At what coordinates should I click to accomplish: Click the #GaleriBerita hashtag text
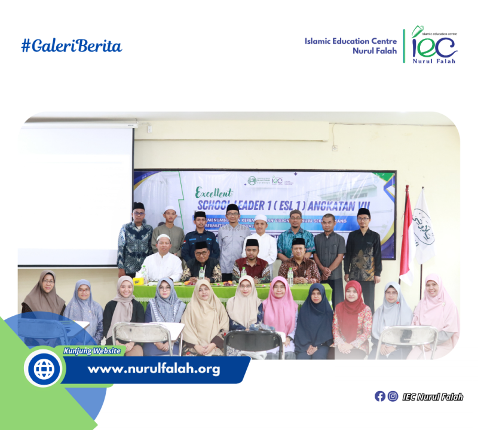click(72, 46)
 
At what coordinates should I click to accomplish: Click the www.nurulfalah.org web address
click(154, 369)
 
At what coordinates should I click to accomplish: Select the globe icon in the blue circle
click(44, 369)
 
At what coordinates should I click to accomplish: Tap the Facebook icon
click(380, 396)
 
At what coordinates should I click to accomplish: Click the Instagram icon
click(393, 396)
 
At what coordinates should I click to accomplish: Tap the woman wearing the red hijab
click(353, 317)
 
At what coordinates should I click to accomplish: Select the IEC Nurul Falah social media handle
click(433, 397)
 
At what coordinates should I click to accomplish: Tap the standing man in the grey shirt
click(232, 239)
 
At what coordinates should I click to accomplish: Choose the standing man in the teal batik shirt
click(295, 236)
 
